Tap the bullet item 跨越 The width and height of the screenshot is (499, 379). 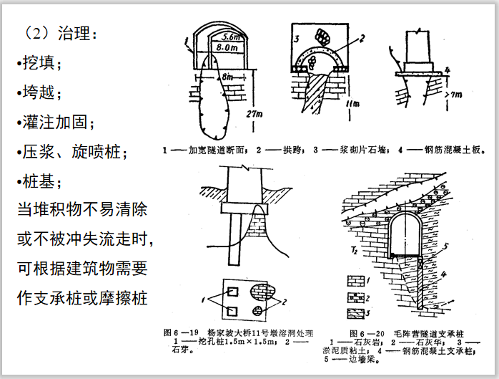pyautogui.click(x=39, y=92)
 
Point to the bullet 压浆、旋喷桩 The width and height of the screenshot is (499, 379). pyautogui.click(x=71, y=152)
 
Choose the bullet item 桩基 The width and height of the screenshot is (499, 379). pyautogui.click(x=39, y=181)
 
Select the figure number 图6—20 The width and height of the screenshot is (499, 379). pyautogui.click(x=365, y=332)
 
